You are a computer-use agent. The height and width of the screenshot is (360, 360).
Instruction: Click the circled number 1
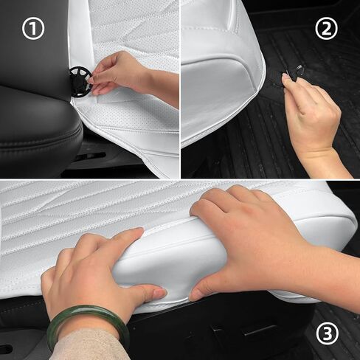tap(33, 29)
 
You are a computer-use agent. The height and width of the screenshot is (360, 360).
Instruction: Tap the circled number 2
tap(326, 29)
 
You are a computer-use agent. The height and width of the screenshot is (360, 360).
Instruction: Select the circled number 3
tap(328, 333)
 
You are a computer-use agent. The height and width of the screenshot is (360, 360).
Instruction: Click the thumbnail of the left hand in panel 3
tap(160, 294)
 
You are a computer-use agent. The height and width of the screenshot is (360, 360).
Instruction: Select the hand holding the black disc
tap(118, 74)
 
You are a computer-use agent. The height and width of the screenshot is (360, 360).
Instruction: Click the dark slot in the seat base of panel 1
tap(91, 156)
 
